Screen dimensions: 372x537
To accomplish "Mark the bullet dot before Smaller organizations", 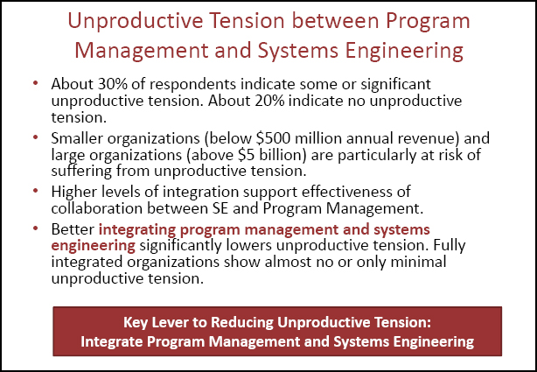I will click(x=35, y=137).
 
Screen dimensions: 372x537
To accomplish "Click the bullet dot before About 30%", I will click(x=35, y=84).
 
